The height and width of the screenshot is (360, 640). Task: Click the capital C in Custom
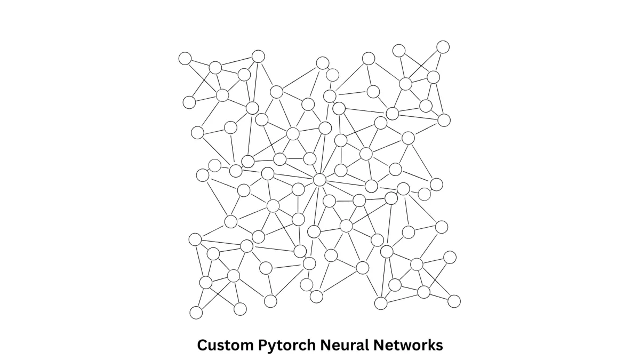click(203, 345)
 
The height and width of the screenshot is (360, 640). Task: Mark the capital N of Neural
click(326, 345)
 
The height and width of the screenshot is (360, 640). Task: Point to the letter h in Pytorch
click(311, 345)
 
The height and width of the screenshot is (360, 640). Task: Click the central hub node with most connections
click(319, 180)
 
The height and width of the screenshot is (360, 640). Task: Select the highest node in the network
click(443, 47)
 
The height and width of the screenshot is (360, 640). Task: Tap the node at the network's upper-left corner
click(185, 58)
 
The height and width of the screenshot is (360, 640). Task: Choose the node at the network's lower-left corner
click(196, 313)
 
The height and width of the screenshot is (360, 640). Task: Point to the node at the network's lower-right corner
click(454, 301)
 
